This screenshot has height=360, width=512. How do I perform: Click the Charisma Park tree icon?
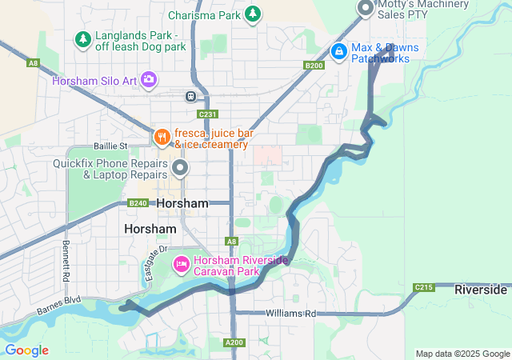point(253,14)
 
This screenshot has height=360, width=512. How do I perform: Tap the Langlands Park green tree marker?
point(82,38)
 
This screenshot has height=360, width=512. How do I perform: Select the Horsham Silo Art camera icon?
point(149,78)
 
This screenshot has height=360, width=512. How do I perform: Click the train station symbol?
point(191,96)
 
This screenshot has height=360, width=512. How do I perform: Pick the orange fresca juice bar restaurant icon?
point(161,136)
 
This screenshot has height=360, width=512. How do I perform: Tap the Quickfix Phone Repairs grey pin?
point(180,167)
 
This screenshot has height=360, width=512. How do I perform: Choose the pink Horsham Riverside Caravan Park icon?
point(182,262)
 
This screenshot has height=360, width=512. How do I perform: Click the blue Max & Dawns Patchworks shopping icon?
point(339,50)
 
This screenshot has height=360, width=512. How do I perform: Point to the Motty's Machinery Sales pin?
point(366,8)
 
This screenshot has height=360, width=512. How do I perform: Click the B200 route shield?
point(314,66)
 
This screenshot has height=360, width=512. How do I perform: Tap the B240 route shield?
point(138,203)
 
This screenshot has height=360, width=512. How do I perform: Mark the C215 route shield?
point(423,287)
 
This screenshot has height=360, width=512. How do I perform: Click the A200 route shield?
point(234,342)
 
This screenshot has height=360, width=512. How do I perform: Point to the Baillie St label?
point(110,146)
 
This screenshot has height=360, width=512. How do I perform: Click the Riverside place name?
point(481,289)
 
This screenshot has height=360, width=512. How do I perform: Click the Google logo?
point(26,350)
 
